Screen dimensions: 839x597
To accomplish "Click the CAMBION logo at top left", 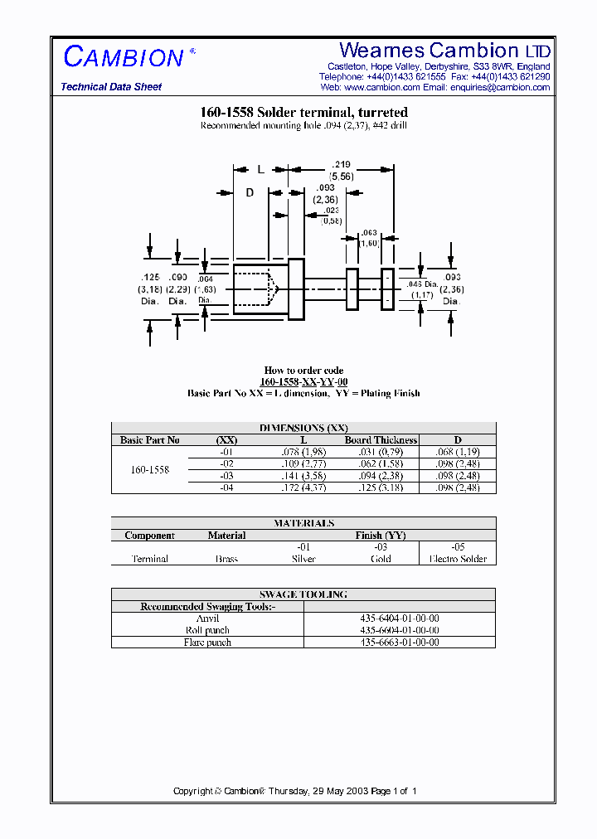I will [124, 57].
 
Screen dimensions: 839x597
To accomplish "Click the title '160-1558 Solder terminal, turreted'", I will [303, 113].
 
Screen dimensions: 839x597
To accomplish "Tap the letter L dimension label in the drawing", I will [260, 169].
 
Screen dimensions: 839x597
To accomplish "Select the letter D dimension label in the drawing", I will [249, 192].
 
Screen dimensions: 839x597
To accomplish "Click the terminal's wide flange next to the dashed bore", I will [296, 289].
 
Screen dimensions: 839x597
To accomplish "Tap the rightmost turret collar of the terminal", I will [386, 289].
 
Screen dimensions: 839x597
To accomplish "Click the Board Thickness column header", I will [381, 440].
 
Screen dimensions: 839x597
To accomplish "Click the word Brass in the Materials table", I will [226, 559].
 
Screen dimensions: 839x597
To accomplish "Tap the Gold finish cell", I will [380, 559].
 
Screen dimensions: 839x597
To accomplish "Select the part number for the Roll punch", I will [400, 630].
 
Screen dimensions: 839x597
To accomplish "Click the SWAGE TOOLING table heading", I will [303, 594].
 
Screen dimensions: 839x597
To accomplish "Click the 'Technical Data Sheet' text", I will [111, 87].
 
